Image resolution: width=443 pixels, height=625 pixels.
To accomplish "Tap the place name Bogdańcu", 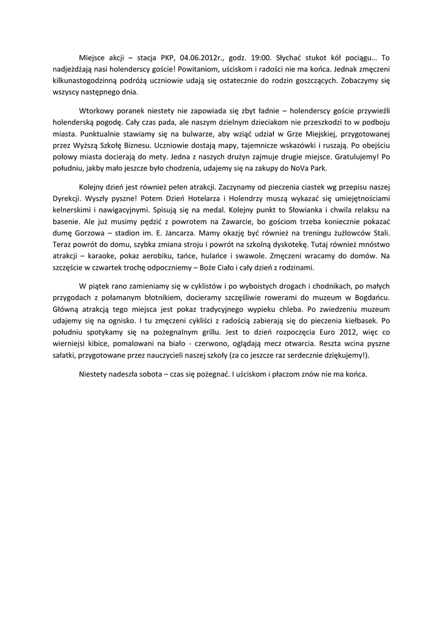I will coord(372,298).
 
